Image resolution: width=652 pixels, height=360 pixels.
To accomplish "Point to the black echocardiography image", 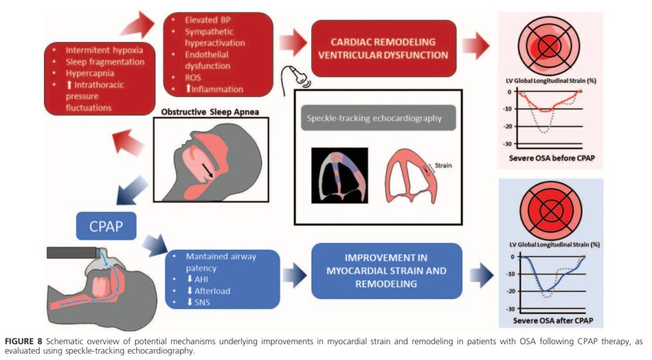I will (339, 175).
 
